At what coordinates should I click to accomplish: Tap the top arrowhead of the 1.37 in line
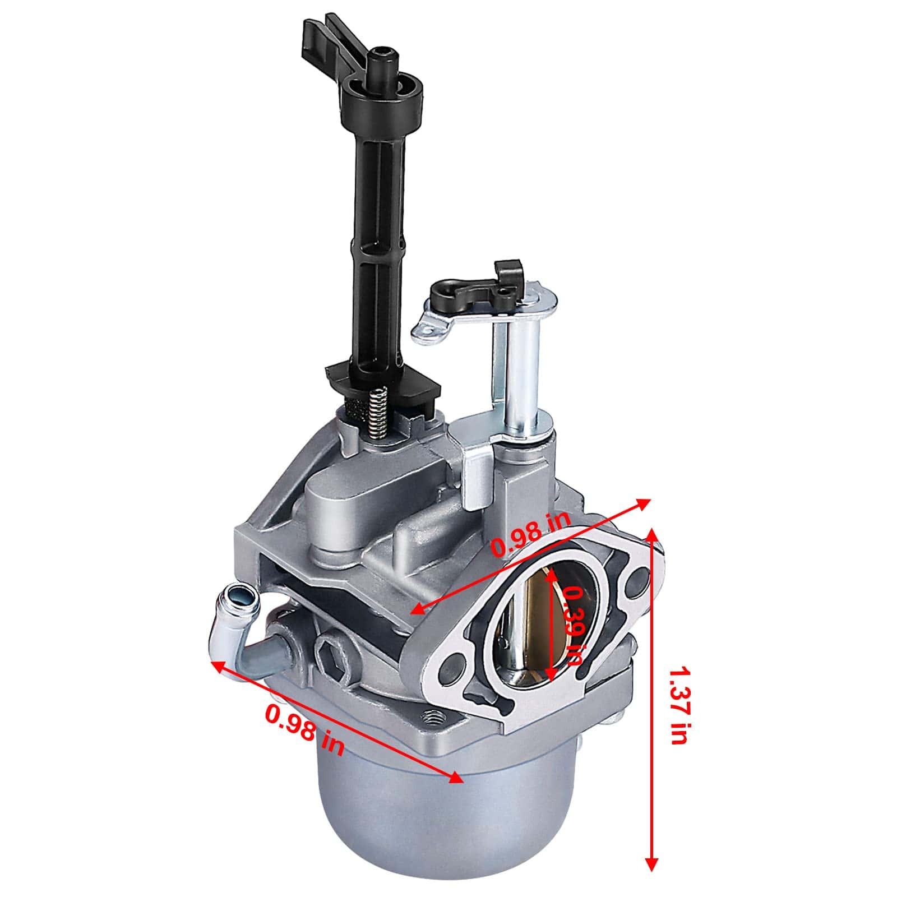click(651, 533)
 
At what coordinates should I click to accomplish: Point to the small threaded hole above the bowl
click(432, 716)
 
